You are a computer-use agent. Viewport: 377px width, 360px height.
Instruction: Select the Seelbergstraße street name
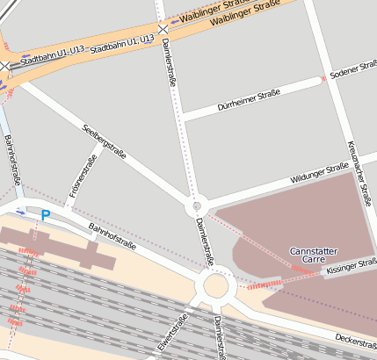tap(105, 141)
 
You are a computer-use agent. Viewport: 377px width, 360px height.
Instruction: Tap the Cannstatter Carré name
tap(314, 256)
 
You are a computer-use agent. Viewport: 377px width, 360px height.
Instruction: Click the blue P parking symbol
tap(46, 215)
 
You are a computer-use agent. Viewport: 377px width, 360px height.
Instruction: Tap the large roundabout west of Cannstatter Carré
tap(215, 286)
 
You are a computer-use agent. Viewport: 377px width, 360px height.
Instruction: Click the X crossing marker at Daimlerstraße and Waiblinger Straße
tap(163, 29)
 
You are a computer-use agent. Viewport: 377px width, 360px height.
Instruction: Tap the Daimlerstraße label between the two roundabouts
tap(205, 242)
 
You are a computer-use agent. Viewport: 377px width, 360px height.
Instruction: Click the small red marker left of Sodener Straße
tap(323, 79)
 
